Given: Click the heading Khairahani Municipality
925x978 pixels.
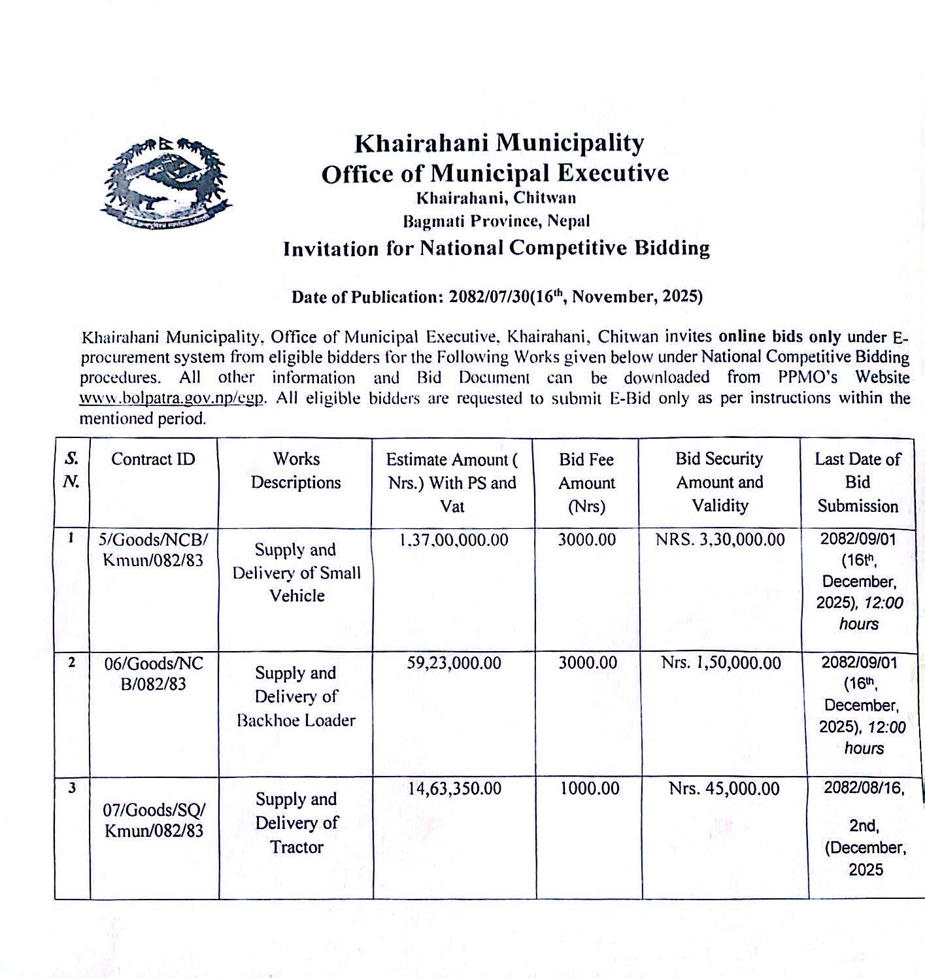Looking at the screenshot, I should pos(499,143).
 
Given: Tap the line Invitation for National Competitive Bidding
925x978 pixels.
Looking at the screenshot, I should pos(496,248).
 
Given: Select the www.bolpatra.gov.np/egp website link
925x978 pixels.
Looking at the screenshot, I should pos(172,397).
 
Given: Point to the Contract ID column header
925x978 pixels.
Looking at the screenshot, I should pos(153,459).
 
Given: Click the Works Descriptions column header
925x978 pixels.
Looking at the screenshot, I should pos(296,471).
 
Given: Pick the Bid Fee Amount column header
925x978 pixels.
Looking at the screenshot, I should pos(586,482).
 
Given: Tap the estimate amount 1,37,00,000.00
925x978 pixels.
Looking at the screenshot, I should pos(453,540).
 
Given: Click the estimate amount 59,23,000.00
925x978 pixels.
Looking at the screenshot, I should pos(454,663).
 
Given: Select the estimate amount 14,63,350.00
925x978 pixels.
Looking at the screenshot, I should pos(454,788).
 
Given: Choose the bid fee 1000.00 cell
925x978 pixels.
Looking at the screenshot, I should pos(589,788).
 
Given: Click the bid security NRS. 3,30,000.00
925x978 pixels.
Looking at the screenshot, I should pos(720,540).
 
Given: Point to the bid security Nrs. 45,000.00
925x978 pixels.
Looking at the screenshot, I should pos(724,789).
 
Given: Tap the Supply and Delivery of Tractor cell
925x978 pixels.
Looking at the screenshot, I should pos(297,822).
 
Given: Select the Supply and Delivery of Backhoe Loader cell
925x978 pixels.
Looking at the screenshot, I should pos(296,696).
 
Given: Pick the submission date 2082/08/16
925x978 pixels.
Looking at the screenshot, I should pos(864,788).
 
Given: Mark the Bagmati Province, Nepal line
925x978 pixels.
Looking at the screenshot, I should pos(496,221).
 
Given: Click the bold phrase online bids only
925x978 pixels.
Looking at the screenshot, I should pos(780,336).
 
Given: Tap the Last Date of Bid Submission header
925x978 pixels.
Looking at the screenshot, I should pos(858,482).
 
